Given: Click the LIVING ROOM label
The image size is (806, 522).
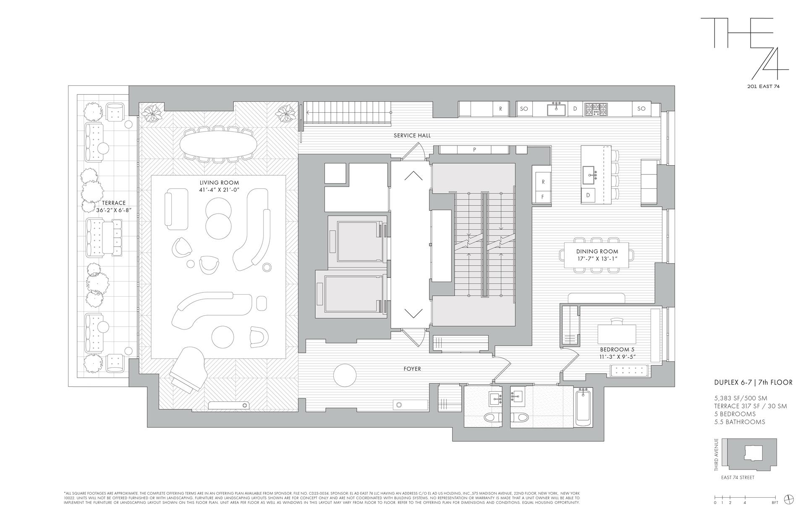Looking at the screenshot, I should click(x=219, y=183).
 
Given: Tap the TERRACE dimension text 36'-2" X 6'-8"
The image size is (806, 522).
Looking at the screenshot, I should click(x=113, y=210).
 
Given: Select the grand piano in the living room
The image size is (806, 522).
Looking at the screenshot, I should click(x=187, y=369).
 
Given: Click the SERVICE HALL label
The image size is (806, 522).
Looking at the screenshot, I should click(x=412, y=136).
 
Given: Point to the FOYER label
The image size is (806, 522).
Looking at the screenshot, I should click(x=412, y=369).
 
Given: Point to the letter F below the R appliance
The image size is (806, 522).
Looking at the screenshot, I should click(x=543, y=196).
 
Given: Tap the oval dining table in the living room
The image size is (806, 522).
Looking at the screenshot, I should click(x=219, y=143).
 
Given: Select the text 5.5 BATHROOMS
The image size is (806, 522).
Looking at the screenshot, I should click(x=740, y=422).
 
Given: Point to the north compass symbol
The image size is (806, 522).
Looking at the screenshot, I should click(x=790, y=499).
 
